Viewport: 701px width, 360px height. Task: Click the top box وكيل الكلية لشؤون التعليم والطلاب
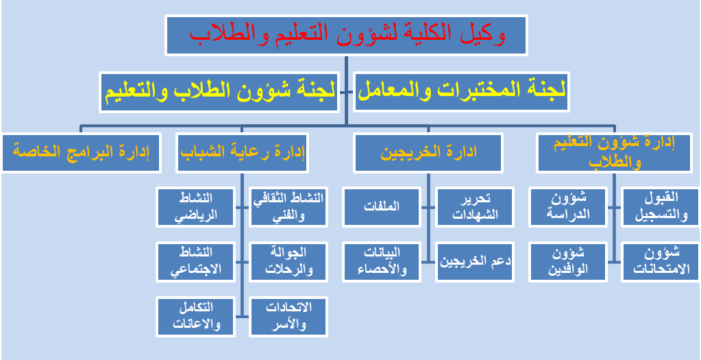click(347, 36)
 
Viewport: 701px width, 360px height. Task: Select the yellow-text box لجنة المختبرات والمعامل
click(461, 91)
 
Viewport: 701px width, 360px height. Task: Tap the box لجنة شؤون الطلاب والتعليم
click(219, 91)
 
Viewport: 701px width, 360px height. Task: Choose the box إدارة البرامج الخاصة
click(80, 152)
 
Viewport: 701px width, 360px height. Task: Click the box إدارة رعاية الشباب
click(243, 152)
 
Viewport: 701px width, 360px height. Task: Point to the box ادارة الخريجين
click(428, 152)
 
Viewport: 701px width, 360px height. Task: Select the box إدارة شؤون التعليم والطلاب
click(615, 152)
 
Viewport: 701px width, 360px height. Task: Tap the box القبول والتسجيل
click(660, 206)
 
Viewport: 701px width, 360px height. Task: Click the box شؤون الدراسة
click(568, 206)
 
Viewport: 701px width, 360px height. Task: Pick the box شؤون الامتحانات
click(660, 262)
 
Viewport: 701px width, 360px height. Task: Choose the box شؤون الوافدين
click(568, 262)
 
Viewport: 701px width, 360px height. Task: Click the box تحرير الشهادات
click(475, 206)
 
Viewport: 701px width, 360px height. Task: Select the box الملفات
click(382, 206)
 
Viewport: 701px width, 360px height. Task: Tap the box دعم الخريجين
click(475, 262)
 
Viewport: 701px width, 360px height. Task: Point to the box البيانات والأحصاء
click(382, 262)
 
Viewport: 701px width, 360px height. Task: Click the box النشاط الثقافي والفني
click(288, 206)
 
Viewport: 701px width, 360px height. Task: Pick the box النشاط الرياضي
click(196, 206)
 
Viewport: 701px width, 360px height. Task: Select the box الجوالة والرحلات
click(288, 262)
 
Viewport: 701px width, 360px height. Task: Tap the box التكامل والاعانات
click(196, 317)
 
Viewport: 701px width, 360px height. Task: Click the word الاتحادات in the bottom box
click(288, 308)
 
